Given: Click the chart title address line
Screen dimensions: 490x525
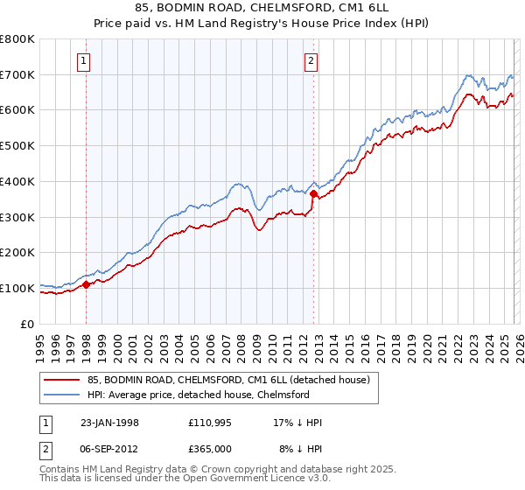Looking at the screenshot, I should click(x=262, y=9).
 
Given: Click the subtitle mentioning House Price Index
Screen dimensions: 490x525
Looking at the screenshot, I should click(x=262, y=24).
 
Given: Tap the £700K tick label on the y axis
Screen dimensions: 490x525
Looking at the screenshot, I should click(x=17, y=75).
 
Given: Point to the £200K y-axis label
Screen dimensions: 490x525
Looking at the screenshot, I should click(x=17, y=253).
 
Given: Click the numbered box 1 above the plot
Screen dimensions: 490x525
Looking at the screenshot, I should click(x=84, y=61).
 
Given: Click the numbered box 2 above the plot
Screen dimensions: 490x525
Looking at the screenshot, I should click(x=311, y=61).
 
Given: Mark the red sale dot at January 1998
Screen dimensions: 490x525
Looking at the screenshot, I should click(x=87, y=284).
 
